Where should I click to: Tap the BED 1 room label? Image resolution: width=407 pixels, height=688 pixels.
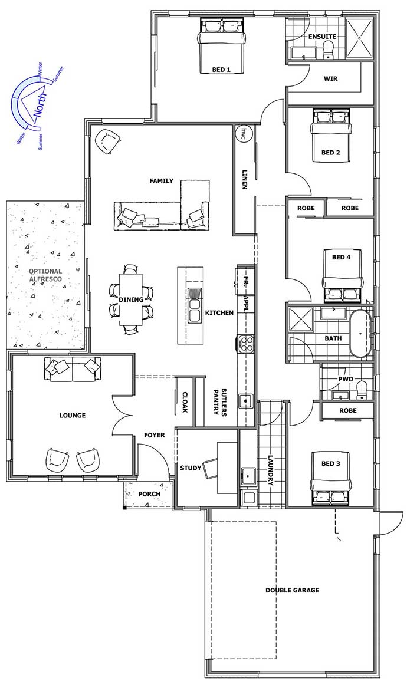click(x=221, y=70)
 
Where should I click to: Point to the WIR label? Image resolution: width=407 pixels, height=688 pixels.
click(x=330, y=79)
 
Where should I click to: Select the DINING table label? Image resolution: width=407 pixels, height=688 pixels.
click(x=131, y=299)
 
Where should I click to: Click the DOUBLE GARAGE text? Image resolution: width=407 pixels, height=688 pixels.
click(x=292, y=590)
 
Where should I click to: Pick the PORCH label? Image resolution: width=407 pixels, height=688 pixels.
click(x=149, y=494)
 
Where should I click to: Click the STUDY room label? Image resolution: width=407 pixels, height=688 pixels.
click(x=191, y=468)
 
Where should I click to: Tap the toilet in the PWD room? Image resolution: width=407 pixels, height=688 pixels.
click(x=362, y=390)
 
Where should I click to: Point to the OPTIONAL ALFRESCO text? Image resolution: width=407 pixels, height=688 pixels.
click(x=45, y=275)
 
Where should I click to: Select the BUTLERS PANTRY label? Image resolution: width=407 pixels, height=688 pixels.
click(x=220, y=401)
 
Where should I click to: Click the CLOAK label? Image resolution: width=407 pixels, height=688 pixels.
click(x=185, y=402)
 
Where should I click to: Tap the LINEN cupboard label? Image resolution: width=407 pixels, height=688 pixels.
click(x=245, y=179)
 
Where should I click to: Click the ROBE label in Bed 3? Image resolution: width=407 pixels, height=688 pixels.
click(x=348, y=411)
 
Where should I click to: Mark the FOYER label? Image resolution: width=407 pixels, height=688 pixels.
click(x=155, y=435)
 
